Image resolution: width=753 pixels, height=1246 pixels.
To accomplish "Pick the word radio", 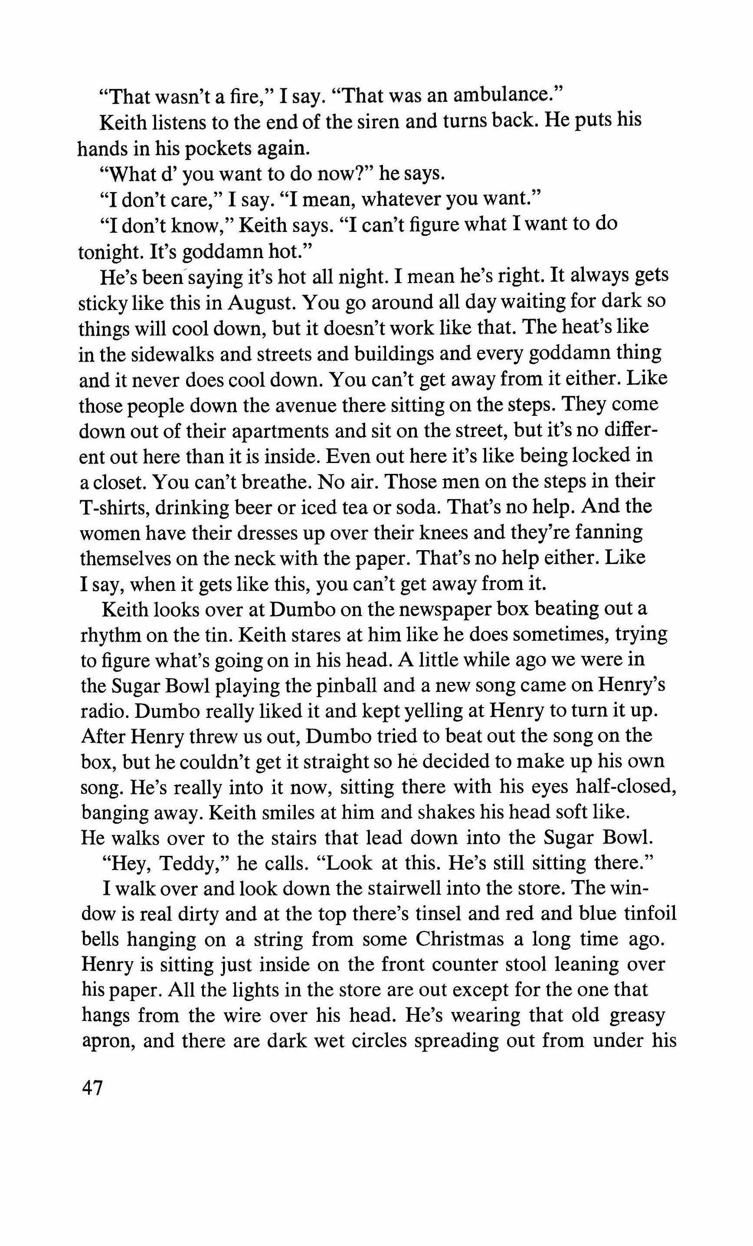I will (103, 711).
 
